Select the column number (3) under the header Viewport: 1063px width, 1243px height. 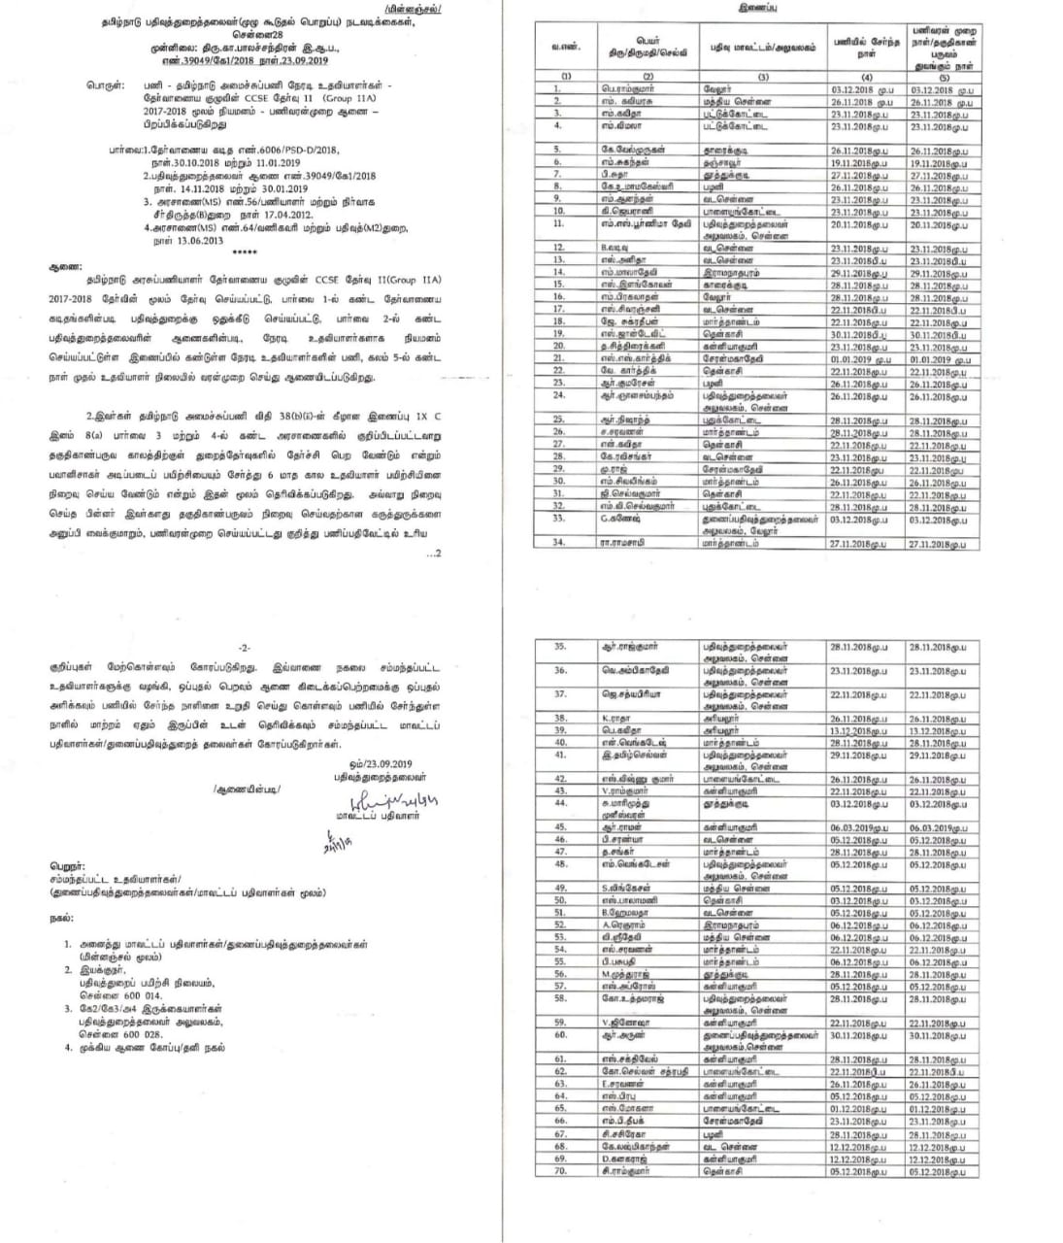(764, 76)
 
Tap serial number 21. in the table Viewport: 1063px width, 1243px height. (559, 358)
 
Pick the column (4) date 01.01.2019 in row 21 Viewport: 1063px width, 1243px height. (859, 358)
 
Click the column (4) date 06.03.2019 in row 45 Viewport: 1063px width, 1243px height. (859, 827)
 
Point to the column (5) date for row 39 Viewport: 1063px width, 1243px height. (938, 731)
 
